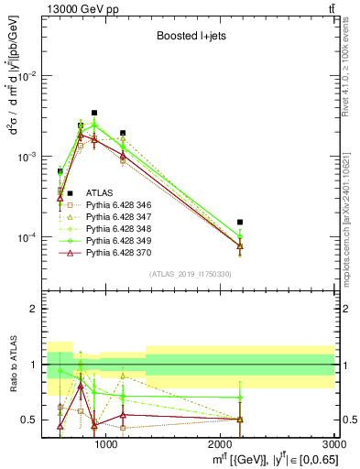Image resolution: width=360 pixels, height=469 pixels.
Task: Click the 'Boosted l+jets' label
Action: (x=190, y=38)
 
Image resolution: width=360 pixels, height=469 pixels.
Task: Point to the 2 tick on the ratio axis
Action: (x=34, y=309)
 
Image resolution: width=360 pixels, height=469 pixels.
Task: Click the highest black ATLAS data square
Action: (x=94, y=113)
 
